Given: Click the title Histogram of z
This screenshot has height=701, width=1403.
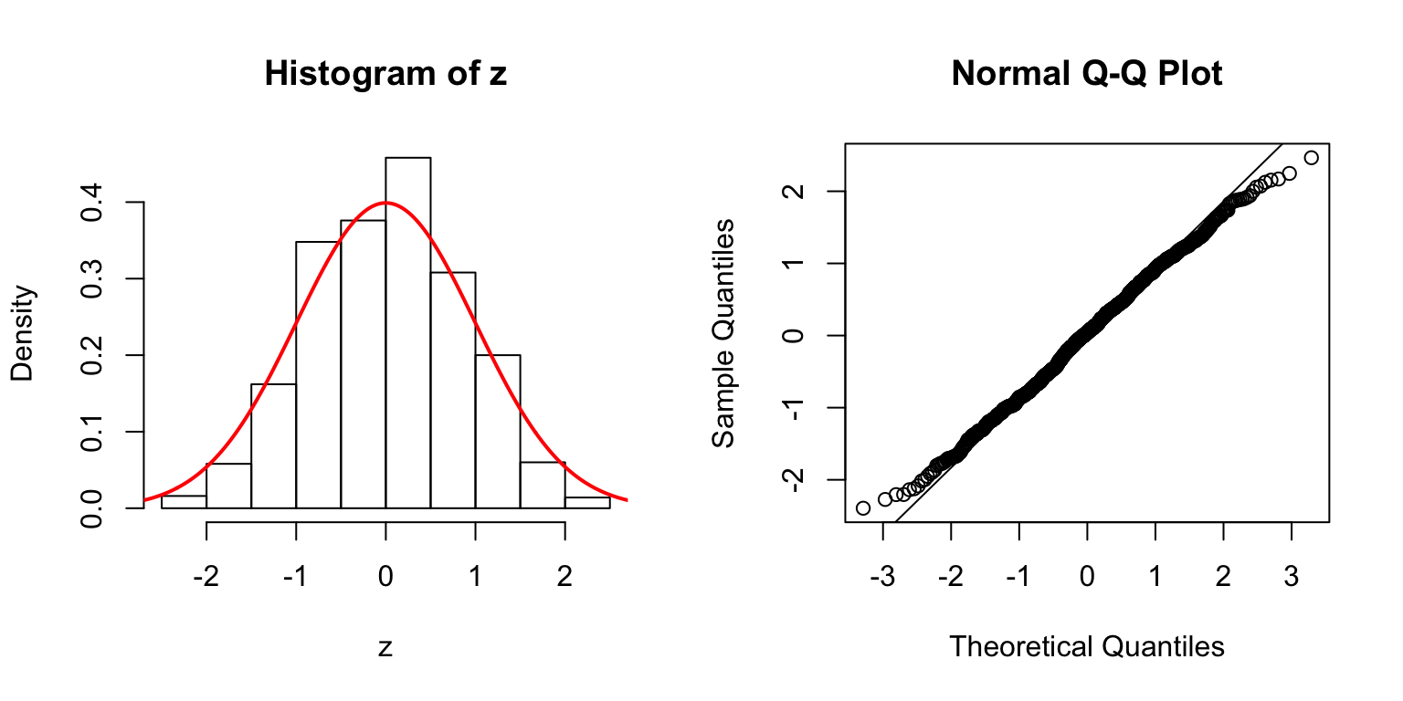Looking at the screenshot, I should (x=385, y=74).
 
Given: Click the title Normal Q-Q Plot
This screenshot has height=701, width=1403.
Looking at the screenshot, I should (x=1086, y=74).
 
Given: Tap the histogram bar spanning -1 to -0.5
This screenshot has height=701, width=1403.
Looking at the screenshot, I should (x=318, y=374).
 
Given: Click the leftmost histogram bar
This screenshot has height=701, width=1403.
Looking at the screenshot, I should (x=184, y=502).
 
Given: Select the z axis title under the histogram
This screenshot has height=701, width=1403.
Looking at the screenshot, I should (x=385, y=647).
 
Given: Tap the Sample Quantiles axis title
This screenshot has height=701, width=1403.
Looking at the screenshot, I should (x=723, y=333).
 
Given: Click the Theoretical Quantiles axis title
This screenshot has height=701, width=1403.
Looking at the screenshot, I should (x=1086, y=647).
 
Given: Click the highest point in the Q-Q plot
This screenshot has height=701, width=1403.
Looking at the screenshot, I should (x=1312, y=158).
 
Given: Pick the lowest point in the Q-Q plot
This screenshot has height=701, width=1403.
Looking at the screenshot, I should (x=863, y=507).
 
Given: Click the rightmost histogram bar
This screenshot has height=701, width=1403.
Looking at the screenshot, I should (x=587, y=503).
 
